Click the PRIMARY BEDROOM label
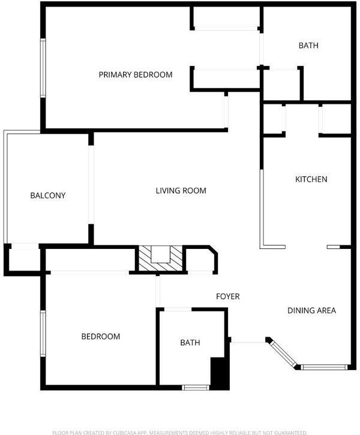136,74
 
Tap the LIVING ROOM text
181,191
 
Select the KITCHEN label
311,179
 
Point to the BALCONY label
48,196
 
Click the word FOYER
228,296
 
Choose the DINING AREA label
311,310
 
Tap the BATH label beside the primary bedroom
308,46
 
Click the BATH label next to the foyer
190,343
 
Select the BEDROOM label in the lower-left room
101,337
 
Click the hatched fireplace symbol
160,258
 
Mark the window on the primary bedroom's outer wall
43,68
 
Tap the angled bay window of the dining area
283,354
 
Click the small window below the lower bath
196,388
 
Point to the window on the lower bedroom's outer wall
43,334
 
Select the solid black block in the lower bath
220,374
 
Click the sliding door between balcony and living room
91,184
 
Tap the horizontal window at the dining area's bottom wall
324,367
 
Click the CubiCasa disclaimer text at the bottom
180,433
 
